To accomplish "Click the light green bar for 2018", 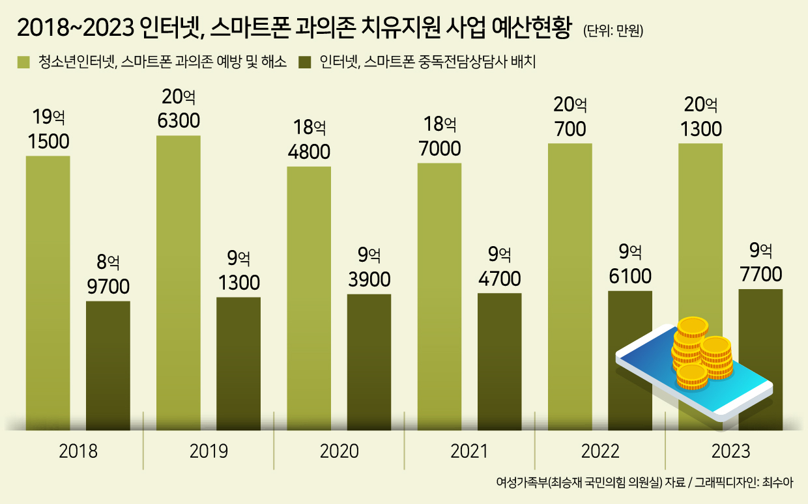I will pyautogui.click(x=48, y=293).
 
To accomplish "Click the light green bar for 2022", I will pyautogui.click(x=570, y=287).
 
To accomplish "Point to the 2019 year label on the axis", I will pyautogui.click(x=209, y=451).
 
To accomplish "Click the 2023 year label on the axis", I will pyautogui.click(x=730, y=451).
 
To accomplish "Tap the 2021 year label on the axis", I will pyautogui.click(x=469, y=451).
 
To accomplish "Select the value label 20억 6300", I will pyautogui.click(x=179, y=109).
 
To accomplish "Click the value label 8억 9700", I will pyautogui.click(x=108, y=274).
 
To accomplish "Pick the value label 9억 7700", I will pyautogui.click(x=760, y=262).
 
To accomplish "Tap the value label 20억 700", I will pyautogui.click(x=570, y=116).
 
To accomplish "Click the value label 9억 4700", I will pyautogui.click(x=499, y=267).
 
